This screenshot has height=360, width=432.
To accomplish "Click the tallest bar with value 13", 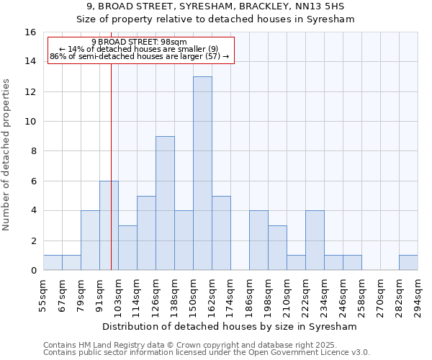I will (x=202, y=173).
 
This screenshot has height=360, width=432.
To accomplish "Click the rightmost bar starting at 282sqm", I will (x=408, y=263).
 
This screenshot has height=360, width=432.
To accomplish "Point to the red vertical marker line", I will (x=111, y=144).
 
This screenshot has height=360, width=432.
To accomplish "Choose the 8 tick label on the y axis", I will (x=32, y=151).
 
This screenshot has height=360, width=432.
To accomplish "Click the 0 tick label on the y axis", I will (x=32, y=271).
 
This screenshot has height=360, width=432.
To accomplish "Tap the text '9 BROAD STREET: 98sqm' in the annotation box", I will (x=139, y=42).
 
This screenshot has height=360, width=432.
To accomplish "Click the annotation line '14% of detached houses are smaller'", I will (x=139, y=49).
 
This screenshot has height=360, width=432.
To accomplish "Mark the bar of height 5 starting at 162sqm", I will (x=221, y=233).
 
